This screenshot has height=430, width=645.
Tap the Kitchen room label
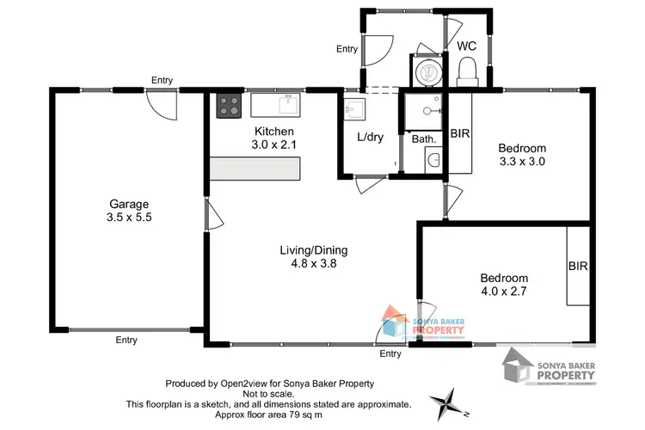point(273,132)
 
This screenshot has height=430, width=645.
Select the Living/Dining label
point(313,250)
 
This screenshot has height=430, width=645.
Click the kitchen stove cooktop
point(228,106)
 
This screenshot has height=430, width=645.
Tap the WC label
point(467,46)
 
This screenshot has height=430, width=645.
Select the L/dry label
point(371,137)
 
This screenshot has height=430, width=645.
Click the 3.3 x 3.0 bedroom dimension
point(522,161)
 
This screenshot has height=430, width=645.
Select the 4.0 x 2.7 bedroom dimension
point(503,292)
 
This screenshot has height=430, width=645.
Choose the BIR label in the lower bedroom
point(578,267)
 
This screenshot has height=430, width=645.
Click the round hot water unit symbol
point(427,71)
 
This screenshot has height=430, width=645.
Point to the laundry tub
point(353,109)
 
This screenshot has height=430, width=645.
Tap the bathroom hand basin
point(433,160)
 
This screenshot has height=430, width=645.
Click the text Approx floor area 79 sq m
point(268,415)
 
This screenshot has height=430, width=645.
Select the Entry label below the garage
point(126,341)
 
